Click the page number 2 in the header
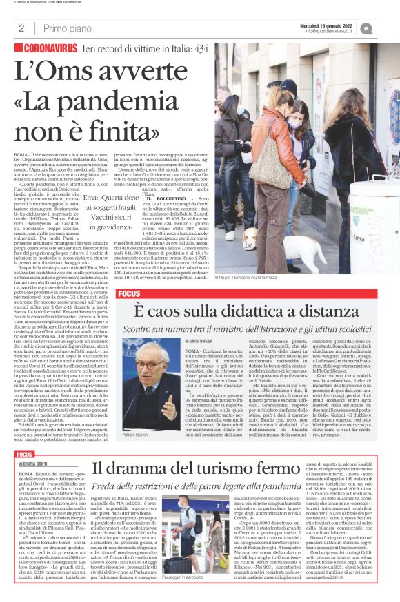[21, 28]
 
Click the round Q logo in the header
[385, 28]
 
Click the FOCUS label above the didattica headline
[129, 293]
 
